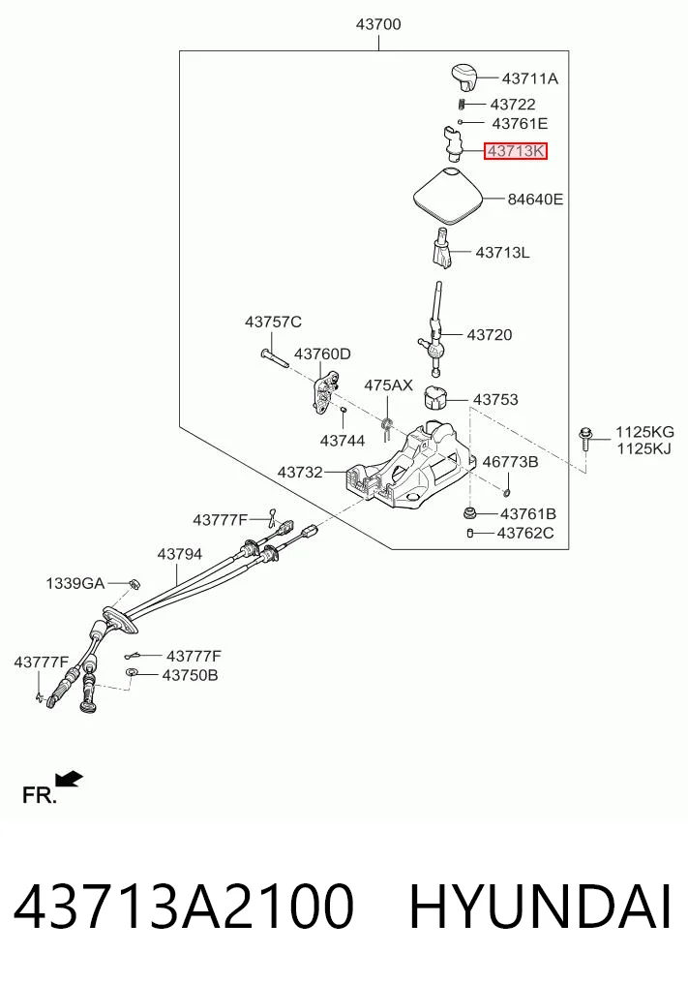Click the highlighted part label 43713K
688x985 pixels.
[516, 151]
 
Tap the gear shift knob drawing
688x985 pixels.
[464, 76]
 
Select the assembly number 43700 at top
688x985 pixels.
[378, 24]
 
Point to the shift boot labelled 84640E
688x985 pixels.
[449, 196]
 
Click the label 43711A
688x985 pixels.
[530, 78]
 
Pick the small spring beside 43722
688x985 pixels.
[462, 105]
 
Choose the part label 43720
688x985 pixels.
[489, 335]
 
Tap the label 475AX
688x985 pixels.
[389, 385]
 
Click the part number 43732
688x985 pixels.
[300, 472]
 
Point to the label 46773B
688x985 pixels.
[510, 462]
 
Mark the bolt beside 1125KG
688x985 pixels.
[584, 439]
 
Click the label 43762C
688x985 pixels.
[525, 534]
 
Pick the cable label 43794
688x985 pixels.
[180, 554]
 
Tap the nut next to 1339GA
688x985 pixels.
[134, 584]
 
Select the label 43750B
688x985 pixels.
[191, 675]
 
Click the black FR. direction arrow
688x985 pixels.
[69, 779]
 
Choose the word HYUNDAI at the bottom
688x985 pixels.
[540, 907]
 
